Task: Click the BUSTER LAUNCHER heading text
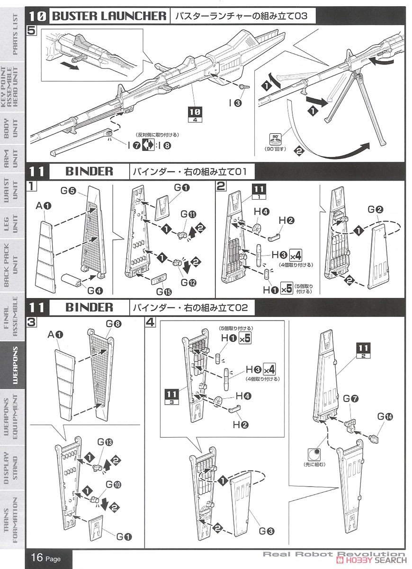[x=109, y=16]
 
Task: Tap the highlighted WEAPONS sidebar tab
[x=13, y=361]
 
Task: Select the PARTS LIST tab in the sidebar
[x=13, y=34]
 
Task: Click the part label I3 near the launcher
[x=234, y=102]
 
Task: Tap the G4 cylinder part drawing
[x=71, y=279]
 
